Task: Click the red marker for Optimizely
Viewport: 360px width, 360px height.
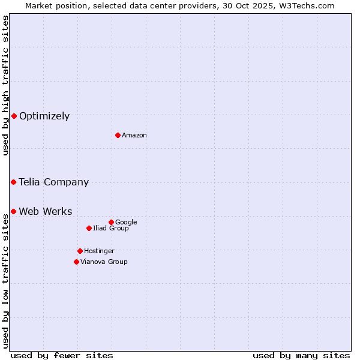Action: tap(14, 116)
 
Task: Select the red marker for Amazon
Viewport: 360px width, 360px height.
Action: tap(118, 135)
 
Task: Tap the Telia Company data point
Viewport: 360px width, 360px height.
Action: tap(13, 182)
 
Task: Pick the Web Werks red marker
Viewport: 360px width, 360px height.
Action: tap(13, 211)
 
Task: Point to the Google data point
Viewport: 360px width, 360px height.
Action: tap(111, 222)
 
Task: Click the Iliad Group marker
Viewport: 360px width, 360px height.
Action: tap(89, 228)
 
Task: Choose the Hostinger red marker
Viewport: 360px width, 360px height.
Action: tap(80, 251)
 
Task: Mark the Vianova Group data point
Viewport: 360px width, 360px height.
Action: tap(76, 262)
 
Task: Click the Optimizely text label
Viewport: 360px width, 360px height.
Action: tap(44, 116)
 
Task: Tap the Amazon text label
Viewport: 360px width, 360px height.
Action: tap(134, 136)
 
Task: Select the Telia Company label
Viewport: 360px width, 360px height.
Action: tap(54, 182)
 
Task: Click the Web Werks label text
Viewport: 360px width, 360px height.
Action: tap(46, 212)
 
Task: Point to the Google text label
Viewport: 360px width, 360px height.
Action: tap(126, 223)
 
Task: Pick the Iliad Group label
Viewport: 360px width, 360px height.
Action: tap(111, 229)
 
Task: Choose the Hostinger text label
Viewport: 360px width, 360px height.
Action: tap(99, 251)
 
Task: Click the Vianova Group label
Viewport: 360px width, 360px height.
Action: tap(104, 262)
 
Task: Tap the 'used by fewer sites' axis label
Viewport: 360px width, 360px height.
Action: tap(62, 355)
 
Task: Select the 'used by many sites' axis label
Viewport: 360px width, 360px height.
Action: tap(301, 355)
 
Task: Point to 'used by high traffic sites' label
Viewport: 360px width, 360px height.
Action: tap(5, 85)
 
